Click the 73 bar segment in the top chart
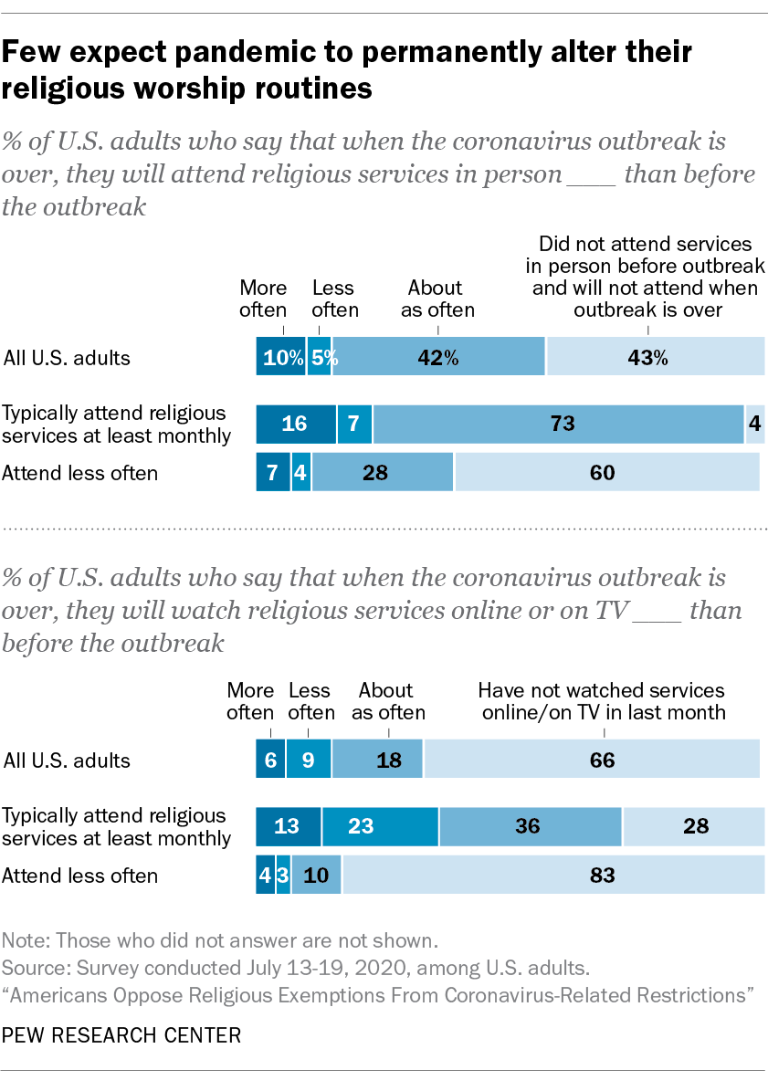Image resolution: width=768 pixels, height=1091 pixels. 558,424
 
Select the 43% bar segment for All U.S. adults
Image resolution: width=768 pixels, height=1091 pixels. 655,357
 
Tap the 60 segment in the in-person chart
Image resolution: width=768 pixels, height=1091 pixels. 606,472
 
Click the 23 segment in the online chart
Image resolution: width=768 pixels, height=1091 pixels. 380,826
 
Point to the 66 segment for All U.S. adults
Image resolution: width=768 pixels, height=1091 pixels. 592,760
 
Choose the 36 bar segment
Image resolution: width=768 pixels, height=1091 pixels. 531,826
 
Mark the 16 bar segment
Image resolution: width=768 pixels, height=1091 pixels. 296,424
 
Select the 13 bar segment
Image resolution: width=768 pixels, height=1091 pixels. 288,826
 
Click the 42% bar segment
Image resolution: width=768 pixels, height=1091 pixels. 438,357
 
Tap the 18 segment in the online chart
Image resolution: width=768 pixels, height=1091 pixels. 377,760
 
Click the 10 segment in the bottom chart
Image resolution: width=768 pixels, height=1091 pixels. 316,876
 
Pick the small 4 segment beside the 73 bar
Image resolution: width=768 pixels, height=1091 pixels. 755,424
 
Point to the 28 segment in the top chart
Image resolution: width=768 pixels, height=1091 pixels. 383,472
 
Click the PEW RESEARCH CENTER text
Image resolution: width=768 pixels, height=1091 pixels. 121,1035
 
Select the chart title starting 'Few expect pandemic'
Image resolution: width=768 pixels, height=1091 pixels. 347,70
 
